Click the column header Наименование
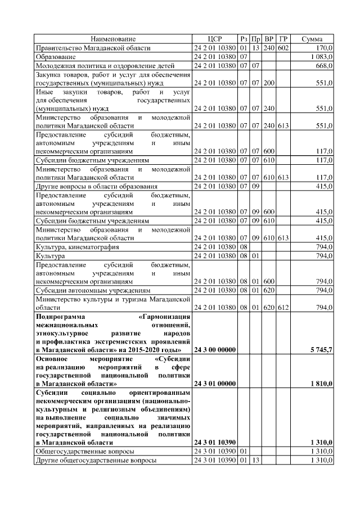click(113, 39)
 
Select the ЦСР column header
click(214, 39)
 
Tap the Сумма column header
click(312, 39)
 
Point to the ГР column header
click(283, 39)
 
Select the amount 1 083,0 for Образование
click(321, 57)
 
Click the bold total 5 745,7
click(321, 350)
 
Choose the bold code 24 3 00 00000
click(214, 350)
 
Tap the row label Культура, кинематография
click(77, 247)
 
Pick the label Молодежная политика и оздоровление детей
click(105, 66)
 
